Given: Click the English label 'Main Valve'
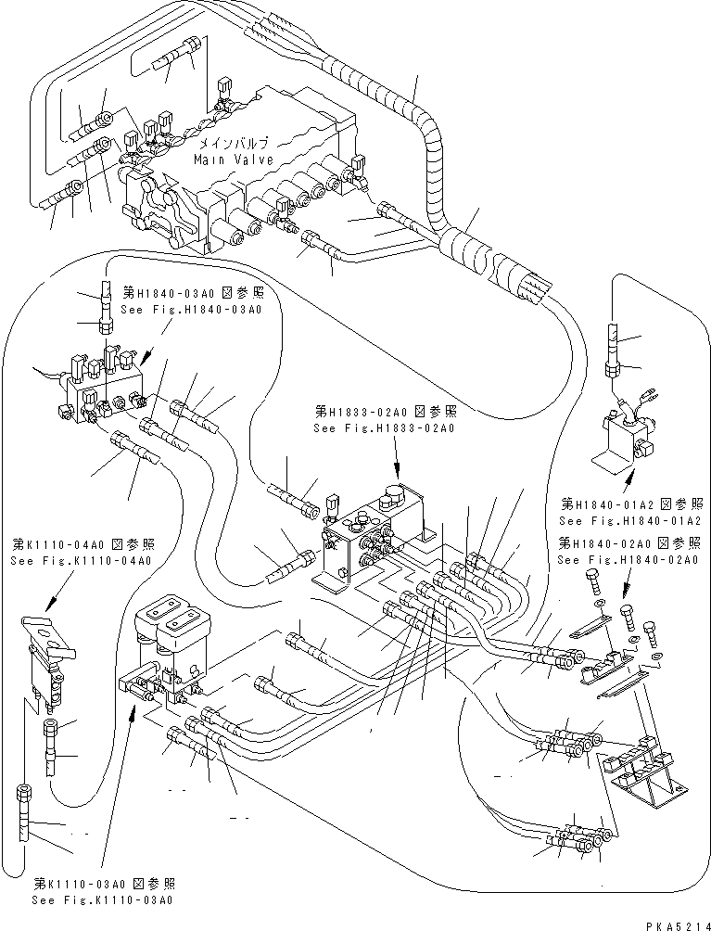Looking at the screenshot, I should pos(233,159).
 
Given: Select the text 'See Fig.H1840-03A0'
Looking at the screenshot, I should pos(185,309).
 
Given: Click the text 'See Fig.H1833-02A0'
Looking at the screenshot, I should pos(384,428).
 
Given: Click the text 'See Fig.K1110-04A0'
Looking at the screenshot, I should pos(82,560).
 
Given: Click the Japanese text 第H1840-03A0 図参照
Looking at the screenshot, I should pos(185,292).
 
